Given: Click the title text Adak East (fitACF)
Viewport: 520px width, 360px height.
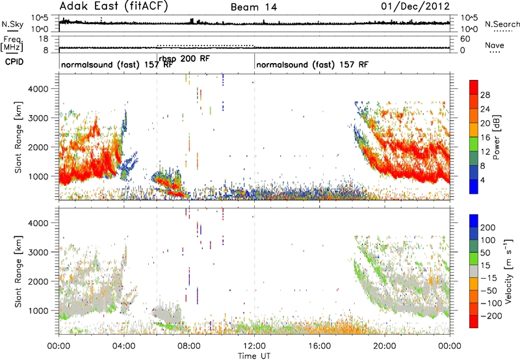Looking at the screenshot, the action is point(114,6).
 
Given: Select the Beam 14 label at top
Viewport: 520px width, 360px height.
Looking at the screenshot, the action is point(253,7).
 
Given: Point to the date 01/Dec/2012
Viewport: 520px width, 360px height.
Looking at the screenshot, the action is point(415,6).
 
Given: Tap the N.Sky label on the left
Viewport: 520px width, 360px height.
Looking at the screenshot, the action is point(12,24).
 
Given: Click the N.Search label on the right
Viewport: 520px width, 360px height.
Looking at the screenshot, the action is point(502,24).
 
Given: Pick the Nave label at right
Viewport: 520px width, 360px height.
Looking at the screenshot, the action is point(495,45).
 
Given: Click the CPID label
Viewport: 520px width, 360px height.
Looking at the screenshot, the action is point(14,62).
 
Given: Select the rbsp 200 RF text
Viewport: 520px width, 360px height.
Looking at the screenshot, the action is point(185,59).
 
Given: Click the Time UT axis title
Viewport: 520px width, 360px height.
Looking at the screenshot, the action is point(254,355).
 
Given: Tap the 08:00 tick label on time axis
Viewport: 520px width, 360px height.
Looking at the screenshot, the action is point(189,346).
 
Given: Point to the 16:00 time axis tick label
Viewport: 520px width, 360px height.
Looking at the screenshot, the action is point(319,346).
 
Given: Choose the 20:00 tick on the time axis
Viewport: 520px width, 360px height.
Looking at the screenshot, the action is point(385,346).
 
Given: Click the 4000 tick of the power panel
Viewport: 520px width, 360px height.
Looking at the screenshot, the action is point(38,89).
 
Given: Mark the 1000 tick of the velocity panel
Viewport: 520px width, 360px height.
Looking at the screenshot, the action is point(38,311).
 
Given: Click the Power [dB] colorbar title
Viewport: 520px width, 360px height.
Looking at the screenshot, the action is point(496,137).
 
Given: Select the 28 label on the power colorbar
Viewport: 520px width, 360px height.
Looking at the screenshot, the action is point(485,95).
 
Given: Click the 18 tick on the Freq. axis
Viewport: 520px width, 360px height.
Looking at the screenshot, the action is point(44,39).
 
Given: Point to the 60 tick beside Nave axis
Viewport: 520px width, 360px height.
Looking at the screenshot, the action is point(465,39).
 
